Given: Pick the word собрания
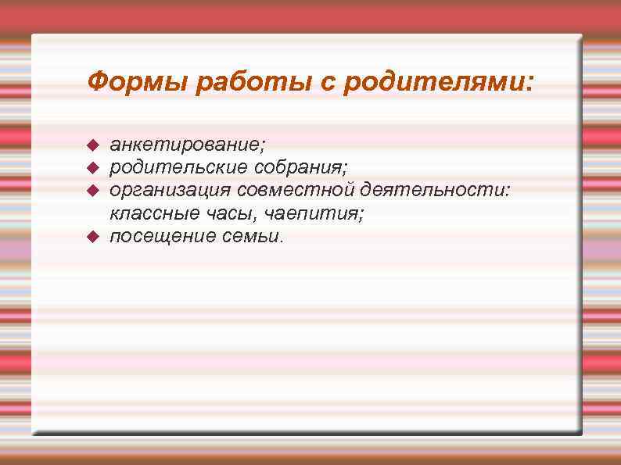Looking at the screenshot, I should pyautogui.click(x=301, y=167).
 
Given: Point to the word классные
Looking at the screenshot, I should pyautogui.click(x=148, y=213).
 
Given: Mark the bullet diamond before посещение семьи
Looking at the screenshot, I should pyautogui.click(x=92, y=236).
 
